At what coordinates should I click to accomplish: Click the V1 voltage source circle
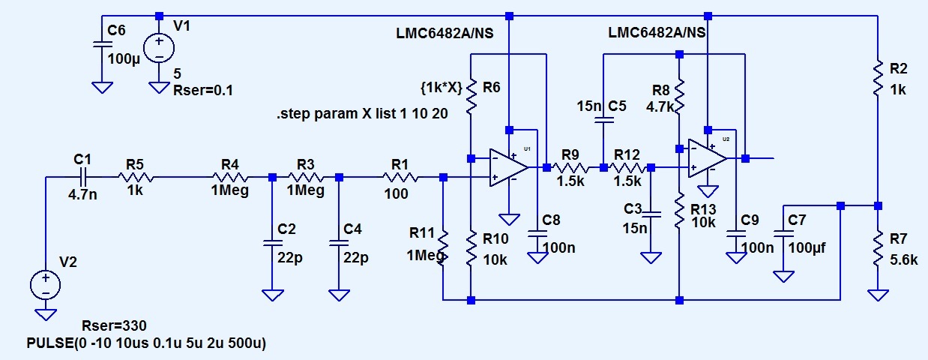point(159,48)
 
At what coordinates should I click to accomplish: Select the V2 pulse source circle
point(46,285)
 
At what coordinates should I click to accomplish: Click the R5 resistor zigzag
point(136,178)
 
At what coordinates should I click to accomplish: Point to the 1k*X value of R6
point(442,88)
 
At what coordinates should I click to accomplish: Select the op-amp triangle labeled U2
point(708,158)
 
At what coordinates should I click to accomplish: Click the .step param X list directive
point(362,114)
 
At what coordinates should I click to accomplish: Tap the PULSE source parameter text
point(146,343)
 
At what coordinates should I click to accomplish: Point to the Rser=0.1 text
point(203,90)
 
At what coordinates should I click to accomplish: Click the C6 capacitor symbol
point(103,44)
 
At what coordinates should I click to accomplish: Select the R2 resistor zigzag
point(878,79)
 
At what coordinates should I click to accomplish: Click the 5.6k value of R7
point(904,260)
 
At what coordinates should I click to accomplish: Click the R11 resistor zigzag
point(443,248)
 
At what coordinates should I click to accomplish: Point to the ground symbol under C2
point(273,295)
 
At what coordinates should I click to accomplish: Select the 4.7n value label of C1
point(82,194)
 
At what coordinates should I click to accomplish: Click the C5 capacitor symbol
point(604,120)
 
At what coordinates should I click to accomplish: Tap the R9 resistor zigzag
point(570,167)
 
